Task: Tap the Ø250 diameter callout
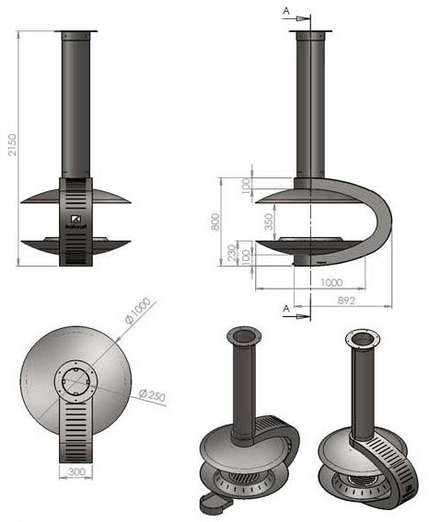[x=152, y=395]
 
